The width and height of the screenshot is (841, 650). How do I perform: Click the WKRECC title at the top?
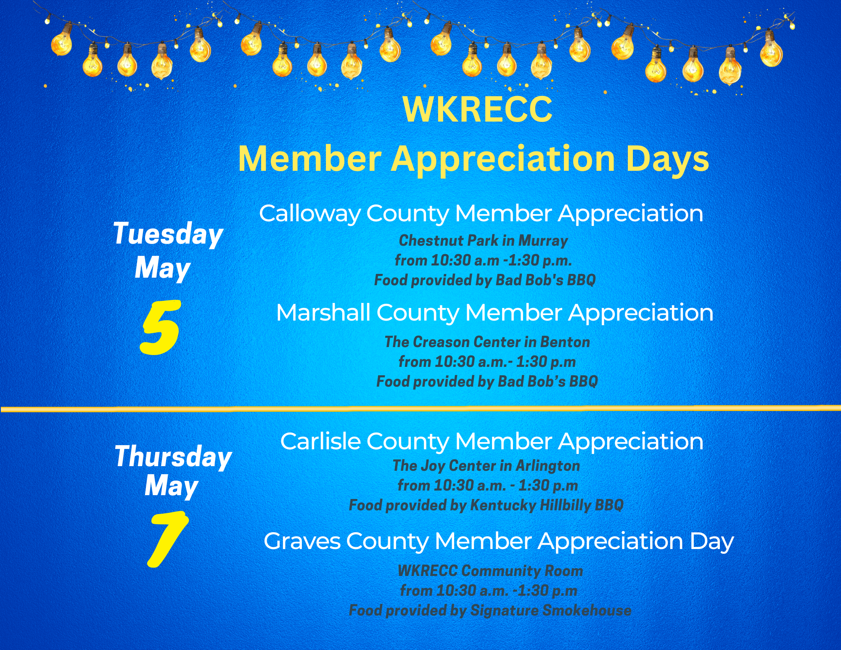click(477, 109)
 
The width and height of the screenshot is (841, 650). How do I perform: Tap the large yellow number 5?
click(160, 327)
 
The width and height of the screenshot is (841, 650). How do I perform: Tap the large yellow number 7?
click(167, 539)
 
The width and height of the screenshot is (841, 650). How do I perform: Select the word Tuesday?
click(168, 234)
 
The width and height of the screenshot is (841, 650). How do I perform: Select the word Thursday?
click(173, 457)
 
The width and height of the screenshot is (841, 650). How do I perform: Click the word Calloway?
click(310, 213)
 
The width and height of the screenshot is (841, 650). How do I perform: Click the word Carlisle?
click(320, 441)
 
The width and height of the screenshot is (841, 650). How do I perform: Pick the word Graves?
click(302, 541)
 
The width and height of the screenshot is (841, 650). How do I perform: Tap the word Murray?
click(543, 241)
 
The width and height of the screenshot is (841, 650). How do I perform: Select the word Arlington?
click(548, 466)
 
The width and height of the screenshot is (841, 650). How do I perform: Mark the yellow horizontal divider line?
click(420, 409)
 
